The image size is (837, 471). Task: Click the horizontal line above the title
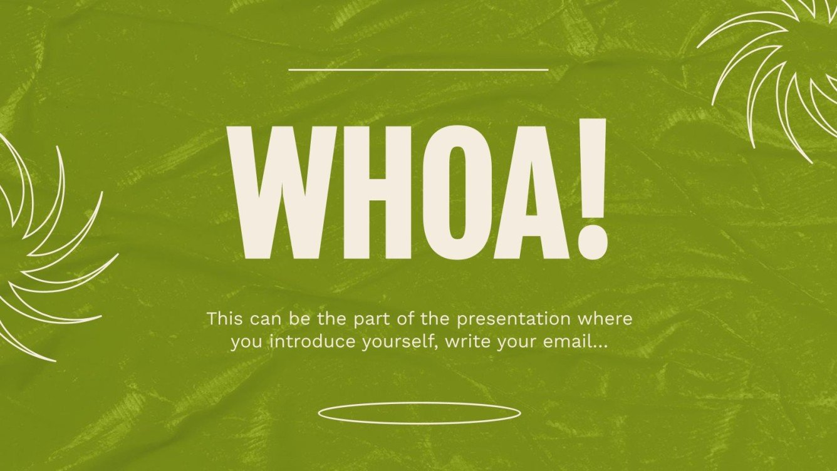point(418,70)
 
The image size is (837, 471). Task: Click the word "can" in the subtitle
point(265,319)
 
